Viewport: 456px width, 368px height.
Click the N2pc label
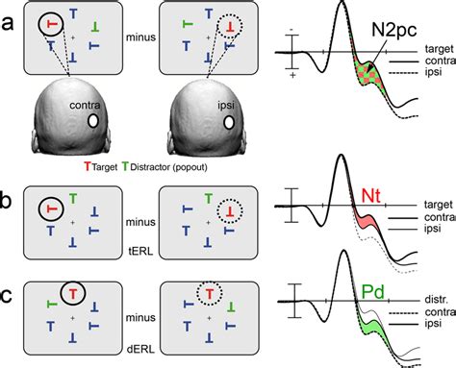[394, 31]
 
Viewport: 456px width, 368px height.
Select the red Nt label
[370, 195]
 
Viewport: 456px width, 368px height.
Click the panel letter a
[8, 23]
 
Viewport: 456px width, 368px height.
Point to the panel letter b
[6, 200]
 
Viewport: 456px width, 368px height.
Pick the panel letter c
[7, 296]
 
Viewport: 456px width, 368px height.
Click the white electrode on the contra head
[93, 121]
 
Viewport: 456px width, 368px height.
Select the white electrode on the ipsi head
[229, 122]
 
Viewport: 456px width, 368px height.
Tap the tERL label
[140, 252]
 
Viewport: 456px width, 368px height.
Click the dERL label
[140, 349]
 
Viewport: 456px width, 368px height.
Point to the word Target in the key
[105, 167]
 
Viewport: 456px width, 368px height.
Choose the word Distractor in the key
[150, 167]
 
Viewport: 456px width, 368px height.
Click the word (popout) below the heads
[190, 167]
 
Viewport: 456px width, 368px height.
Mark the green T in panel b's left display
[73, 199]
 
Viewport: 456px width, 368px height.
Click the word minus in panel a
[140, 37]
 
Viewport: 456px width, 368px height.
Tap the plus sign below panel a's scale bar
[292, 76]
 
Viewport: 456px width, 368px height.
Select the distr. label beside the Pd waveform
[436, 300]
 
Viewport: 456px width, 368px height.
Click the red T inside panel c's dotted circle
[209, 293]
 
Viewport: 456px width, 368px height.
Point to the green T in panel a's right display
[187, 24]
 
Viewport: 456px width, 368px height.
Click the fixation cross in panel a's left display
[73, 37]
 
